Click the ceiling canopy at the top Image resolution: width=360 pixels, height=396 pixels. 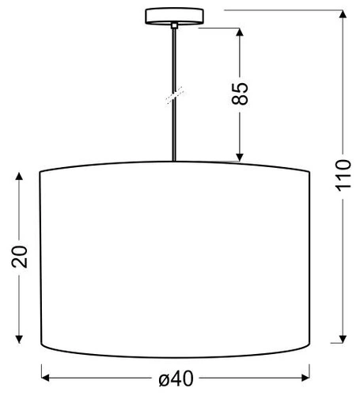[x=174, y=15]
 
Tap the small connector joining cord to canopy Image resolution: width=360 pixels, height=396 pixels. [x=174, y=26]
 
